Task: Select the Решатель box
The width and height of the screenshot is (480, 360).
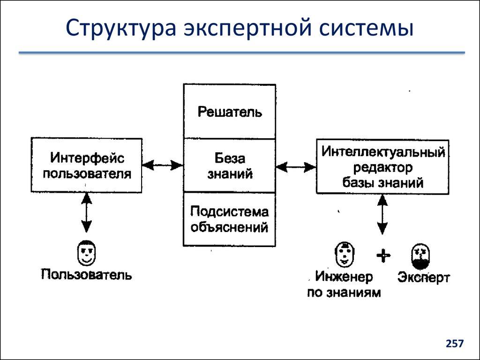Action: [229, 112]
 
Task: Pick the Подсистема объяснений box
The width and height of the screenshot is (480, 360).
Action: [229, 219]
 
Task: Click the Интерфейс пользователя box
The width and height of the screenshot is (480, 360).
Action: [86, 165]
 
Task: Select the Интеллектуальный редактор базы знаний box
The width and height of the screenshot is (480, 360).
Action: [382, 166]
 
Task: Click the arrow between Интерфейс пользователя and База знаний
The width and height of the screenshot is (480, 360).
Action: [162, 165]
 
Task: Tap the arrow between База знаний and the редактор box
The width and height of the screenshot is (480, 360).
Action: [296, 166]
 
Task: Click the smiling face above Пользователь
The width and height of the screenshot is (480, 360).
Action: [86, 253]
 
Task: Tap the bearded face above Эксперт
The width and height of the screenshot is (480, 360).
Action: [420, 256]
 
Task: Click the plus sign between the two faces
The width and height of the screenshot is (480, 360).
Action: [383, 255]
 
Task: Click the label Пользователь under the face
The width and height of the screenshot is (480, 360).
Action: [86, 274]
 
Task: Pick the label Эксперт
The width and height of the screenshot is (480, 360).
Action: [423, 277]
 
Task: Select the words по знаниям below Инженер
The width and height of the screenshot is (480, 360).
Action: [344, 293]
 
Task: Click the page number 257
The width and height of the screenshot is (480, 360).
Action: [454, 344]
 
